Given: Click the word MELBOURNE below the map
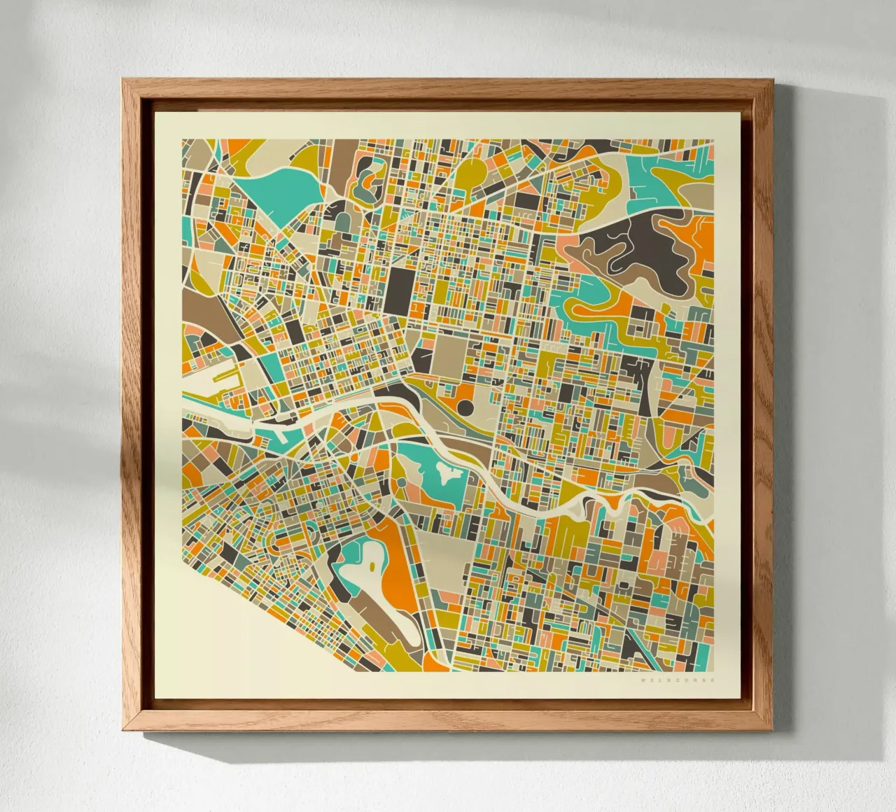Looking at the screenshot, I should point(678,679).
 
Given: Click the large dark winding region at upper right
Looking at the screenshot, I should point(644,252).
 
